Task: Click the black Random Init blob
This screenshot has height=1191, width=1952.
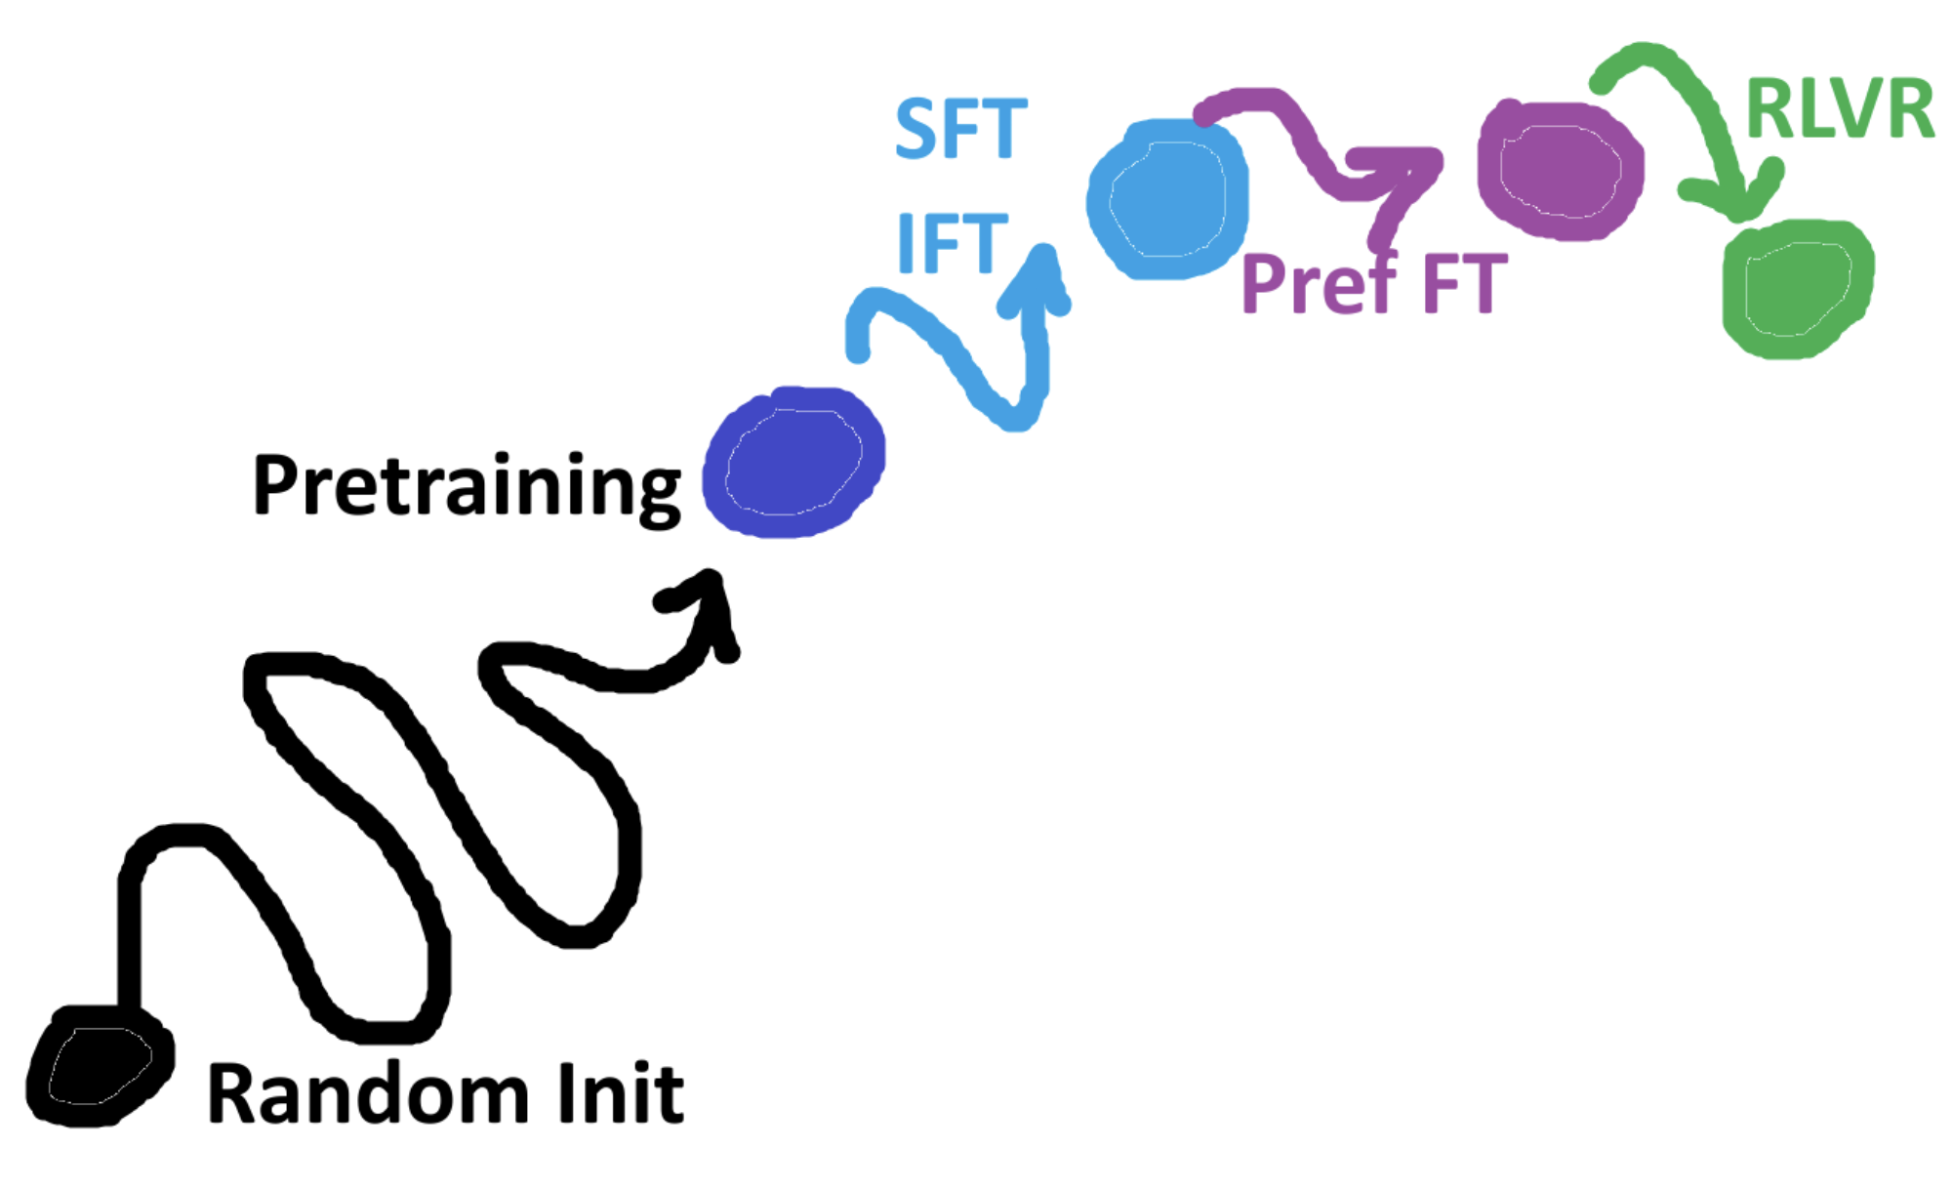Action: click(x=98, y=1066)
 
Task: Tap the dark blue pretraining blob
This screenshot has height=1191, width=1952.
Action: click(x=793, y=463)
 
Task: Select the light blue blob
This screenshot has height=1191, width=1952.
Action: click(x=1167, y=199)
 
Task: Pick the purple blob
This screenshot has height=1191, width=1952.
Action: click(x=1560, y=170)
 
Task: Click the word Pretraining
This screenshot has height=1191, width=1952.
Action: click(x=467, y=485)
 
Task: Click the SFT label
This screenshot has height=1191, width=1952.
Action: click(x=960, y=128)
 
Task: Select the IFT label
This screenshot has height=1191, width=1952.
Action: click(x=951, y=243)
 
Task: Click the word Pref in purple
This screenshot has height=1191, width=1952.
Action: click(x=1318, y=283)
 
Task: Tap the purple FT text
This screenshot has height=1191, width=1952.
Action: click(x=1464, y=283)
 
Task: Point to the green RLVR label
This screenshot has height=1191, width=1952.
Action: click(x=1839, y=108)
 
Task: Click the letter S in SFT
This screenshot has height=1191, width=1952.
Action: click(x=915, y=128)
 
